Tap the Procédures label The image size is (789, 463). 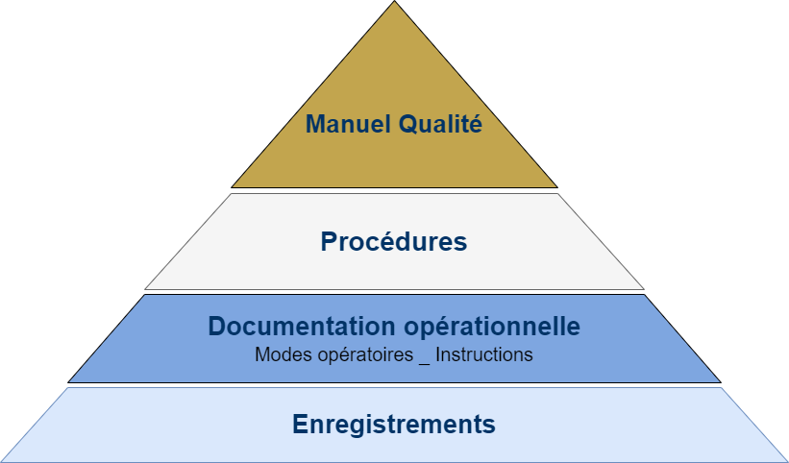394,241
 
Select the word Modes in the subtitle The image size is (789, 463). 278,354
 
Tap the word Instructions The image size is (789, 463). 483,354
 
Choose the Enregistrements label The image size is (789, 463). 394,424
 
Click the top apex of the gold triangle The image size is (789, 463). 394,3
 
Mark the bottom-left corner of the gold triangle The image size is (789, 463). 234,186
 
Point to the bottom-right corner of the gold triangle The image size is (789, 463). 555,186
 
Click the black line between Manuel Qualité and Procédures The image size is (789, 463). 394,190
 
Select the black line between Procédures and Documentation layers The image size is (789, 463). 394,291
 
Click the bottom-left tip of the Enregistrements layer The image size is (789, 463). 4,459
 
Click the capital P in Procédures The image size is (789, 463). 329,241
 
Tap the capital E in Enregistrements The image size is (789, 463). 300,424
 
